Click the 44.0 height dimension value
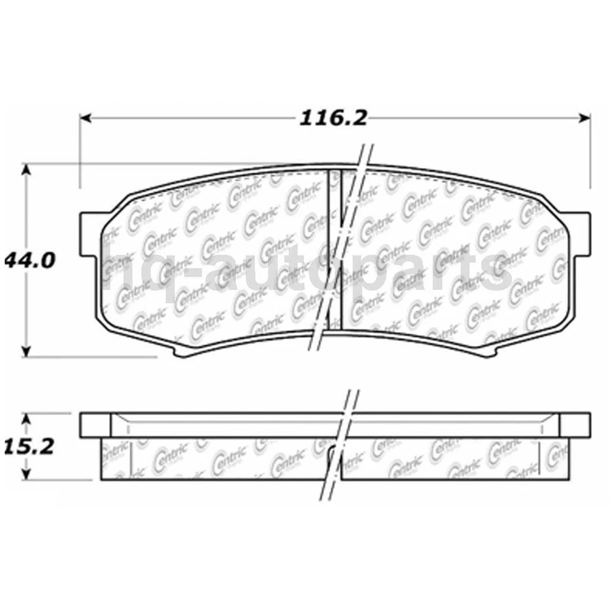click(30, 259)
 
